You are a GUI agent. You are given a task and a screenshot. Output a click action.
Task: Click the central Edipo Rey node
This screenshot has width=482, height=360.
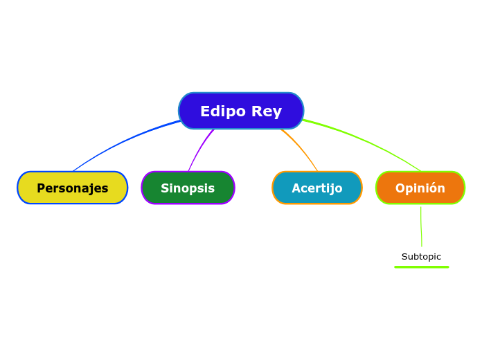point(241,111)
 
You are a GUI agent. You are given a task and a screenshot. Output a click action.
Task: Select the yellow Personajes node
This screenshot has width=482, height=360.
point(73,188)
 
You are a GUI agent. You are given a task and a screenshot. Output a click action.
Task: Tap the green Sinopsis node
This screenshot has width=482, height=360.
point(188,188)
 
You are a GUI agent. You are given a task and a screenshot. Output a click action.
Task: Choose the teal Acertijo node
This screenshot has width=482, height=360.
point(317,188)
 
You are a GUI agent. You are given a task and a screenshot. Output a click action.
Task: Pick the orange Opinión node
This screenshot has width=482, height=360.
point(420,188)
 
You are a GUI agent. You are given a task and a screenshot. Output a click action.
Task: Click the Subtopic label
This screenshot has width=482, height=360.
point(421,257)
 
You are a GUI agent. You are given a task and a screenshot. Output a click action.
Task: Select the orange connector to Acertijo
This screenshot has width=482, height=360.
point(302,147)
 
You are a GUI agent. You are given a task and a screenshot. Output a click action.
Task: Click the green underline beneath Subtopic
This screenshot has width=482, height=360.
point(421,267)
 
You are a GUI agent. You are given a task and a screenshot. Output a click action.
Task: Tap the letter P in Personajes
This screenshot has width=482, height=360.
point(41,188)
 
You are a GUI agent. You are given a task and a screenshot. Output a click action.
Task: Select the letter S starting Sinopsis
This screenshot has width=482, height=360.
point(165,188)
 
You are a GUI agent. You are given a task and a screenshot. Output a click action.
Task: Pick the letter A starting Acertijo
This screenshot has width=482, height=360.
point(296,188)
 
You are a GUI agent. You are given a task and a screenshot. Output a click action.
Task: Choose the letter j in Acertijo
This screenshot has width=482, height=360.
point(330,189)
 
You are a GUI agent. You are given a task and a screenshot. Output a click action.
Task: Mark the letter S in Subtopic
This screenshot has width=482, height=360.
point(404,257)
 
